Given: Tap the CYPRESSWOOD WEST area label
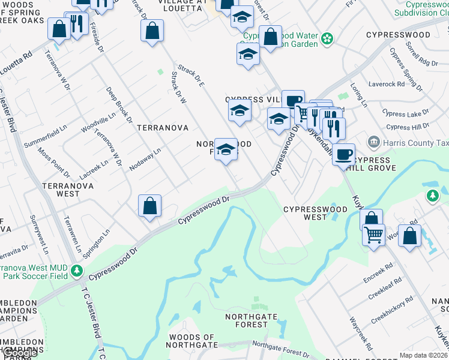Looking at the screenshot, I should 315,213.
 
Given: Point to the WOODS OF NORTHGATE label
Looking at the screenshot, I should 193,341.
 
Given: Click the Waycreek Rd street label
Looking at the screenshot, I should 361,338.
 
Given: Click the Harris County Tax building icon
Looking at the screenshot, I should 373,142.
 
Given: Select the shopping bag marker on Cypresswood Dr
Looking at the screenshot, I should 150,205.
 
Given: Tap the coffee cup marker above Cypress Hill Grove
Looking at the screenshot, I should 343,154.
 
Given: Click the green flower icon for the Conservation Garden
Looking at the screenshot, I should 327,39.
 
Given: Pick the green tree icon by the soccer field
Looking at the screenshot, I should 76,271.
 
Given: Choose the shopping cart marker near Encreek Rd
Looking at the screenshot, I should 374,233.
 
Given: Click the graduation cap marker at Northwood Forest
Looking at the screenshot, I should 226,149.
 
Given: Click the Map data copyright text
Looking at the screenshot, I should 423,355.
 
